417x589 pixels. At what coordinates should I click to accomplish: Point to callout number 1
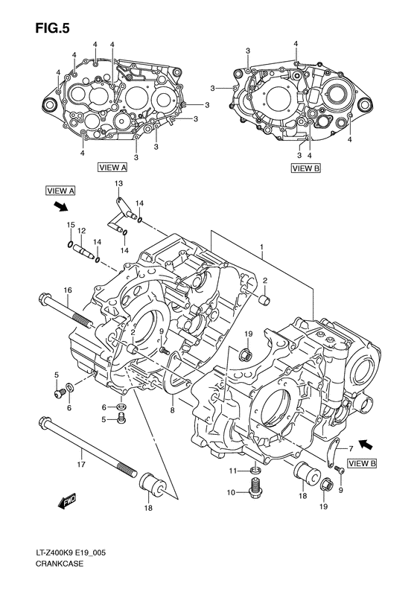[261, 246]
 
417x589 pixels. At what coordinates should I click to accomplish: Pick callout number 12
[82, 230]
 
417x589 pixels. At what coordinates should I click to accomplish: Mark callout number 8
[173, 409]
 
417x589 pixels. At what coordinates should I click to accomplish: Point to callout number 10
[232, 492]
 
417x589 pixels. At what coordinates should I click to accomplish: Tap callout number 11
[232, 471]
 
